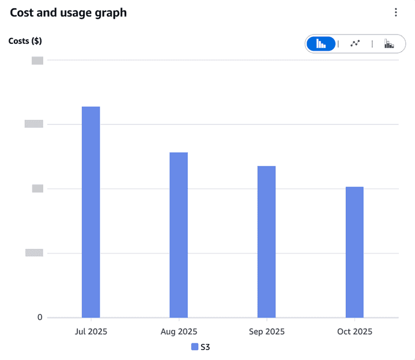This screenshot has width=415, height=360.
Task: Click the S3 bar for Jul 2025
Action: point(90,211)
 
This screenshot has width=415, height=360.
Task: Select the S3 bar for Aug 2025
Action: point(179,234)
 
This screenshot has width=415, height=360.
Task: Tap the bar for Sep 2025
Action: point(266,241)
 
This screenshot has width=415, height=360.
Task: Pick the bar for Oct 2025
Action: point(354,252)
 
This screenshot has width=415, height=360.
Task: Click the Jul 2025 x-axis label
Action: point(91,332)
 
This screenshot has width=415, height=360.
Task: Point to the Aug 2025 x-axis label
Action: point(179,332)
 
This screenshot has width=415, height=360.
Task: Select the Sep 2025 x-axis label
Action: point(266,332)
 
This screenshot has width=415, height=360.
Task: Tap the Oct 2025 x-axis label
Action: point(354,332)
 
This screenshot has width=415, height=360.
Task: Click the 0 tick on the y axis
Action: point(40,317)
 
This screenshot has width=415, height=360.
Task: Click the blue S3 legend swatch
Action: point(195,347)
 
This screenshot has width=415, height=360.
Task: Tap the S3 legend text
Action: point(205,347)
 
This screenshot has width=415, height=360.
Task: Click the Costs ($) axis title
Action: point(25,41)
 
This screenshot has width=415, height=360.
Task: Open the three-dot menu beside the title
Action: point(395,13)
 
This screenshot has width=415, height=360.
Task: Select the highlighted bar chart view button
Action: point(321,44)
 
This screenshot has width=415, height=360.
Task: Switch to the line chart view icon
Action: point(355,44)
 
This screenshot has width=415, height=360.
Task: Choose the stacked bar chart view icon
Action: point(389,44)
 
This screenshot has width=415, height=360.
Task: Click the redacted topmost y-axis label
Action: point(37,60)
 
